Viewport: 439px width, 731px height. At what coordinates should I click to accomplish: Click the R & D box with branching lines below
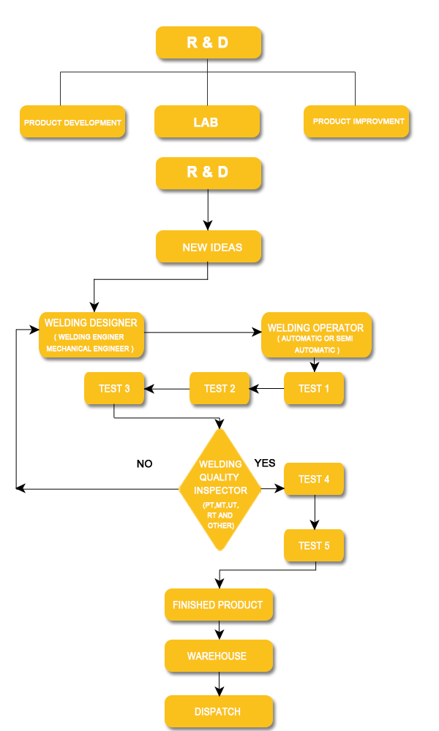tap(208, 42)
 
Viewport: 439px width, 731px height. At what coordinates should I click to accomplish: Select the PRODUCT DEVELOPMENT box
tap(72, 122)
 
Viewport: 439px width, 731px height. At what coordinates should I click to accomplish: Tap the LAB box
tap(206, 122)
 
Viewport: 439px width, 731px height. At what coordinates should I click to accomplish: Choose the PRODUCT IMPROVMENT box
tap(356, 121)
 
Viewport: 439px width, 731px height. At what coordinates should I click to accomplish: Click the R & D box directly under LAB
tap(208, 173)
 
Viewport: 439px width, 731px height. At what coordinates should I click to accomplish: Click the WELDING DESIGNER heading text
tap(91, 322)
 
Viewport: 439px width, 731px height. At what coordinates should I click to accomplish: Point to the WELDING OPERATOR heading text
tap(316, 327)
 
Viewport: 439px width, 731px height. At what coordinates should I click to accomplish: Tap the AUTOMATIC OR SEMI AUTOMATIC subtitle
tap(317, 344)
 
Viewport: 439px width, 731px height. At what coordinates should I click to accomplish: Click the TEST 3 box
tap(114, 388)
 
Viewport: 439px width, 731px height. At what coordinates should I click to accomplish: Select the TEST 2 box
tap(219, 388)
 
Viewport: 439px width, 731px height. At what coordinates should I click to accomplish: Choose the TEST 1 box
tap(314, 388)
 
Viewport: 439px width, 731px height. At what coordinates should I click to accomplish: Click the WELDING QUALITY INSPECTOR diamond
tap(219, 488)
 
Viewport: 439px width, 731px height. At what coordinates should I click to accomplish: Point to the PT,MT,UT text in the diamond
tap(220, 505)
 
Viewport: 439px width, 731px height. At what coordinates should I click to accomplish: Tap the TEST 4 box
tap(314, 480)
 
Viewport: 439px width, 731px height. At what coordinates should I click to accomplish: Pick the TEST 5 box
tap(314, 545)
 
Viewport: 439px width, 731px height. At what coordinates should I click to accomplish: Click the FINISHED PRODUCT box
tap(218, 605)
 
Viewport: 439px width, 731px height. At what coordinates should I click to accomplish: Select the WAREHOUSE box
tap(218, 656)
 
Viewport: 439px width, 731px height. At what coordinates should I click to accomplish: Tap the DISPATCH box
tap(218, 711)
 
